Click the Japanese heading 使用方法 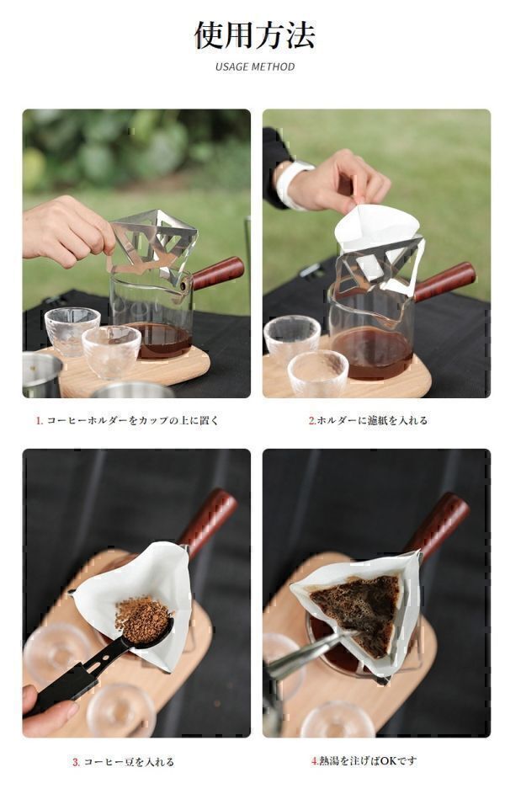coord(254,35)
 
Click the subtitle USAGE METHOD coord(254,67)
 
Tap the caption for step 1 coord(126,420)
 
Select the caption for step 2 coord(368,420)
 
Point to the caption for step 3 coord(123,762)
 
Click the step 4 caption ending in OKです coord(364,760)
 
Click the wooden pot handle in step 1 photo coord(218,273)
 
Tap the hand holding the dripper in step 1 coord(66,229)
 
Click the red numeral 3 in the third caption coord(76,762)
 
